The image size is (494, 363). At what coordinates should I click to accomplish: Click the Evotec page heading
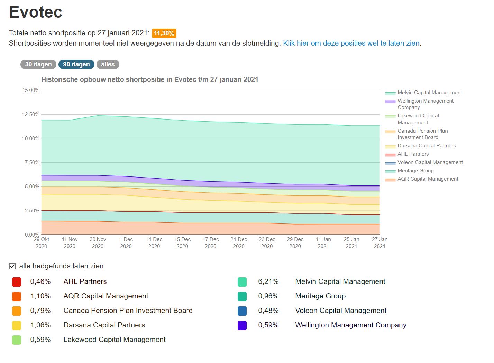pyautogui.click(x=36, y=12)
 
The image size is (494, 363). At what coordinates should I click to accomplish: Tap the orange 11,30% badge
pyautogui.click(x=164, y=33)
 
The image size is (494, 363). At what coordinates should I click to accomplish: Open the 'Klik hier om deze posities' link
pyautogui.click(x=351, y=43)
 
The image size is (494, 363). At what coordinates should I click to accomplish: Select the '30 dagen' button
pyautogui.click(x=38, y=64)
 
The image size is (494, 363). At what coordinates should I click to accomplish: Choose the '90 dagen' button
pyautogui.click(x=76, y=64)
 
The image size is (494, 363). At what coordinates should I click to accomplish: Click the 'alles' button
pyautogui.click(x=108, y=64)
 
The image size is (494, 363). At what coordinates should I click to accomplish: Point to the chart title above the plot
pyautogui.click(x=150, y=79)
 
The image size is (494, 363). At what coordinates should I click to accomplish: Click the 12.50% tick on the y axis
pyautogui.click(x=31, y=114)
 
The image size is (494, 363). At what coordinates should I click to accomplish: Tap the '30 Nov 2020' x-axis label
pyautogui.click(x=98, y=242)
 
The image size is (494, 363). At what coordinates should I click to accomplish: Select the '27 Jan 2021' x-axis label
pyautogui.click(x=379, y=242)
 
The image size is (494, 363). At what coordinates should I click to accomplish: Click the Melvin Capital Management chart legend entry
pyautogui.click(x=429, y=93)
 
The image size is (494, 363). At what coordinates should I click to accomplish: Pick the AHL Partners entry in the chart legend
pyautogui.click(x=413, y=154)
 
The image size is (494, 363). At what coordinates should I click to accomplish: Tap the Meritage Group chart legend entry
pyautogui.click(x=415, y=171)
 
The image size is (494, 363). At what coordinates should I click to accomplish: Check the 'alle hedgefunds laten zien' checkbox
pyautogui.click(x=12, y=266)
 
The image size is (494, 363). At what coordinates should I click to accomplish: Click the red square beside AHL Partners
pyautogui.click(x=17, y=282)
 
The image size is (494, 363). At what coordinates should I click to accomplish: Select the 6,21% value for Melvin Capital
pyautogui.click(x=268, y=281)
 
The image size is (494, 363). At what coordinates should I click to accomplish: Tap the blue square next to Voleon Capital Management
pyautogui.click(x=242, y=311)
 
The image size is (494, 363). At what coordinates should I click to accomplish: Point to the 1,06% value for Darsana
pyautogui.click(x=40, y=325)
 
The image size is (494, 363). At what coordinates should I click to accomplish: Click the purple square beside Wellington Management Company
pyautogui.click(x=242, y=325)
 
